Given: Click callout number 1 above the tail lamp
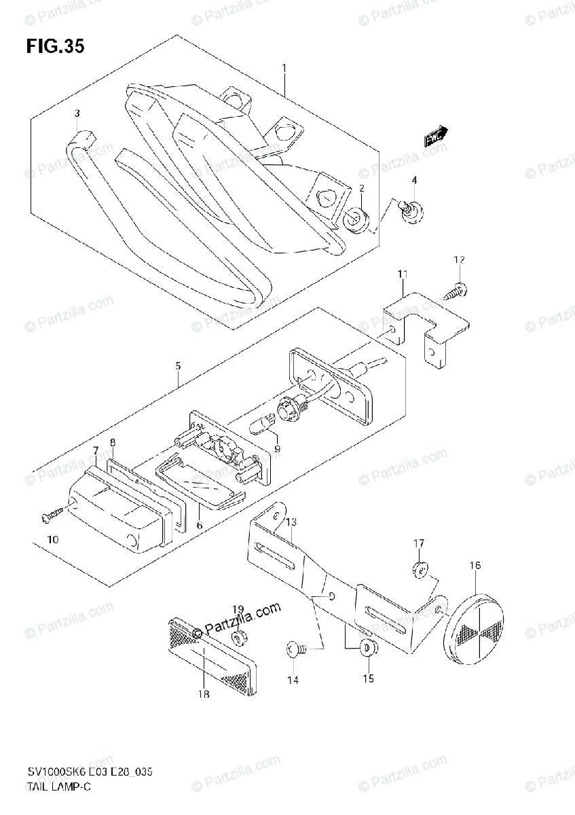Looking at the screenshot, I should pyautogui.click(x=284, y=68).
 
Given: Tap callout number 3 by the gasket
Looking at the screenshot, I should pyautogui.click(x=77, y=113).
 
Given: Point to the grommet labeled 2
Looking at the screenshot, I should pyautogui.click(x=359, y=219).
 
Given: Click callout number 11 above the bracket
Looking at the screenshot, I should pyautogui.click(x=402, y=274).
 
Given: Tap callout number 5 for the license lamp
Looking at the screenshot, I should pyautogui.click(x=178, y=366).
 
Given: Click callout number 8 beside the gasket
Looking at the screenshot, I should pyautogui.click(x=113, y=442).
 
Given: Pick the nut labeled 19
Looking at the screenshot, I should pyautogui.click(x=240, y=637).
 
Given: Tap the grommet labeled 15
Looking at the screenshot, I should pyautogui.click(x=368, y=648).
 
